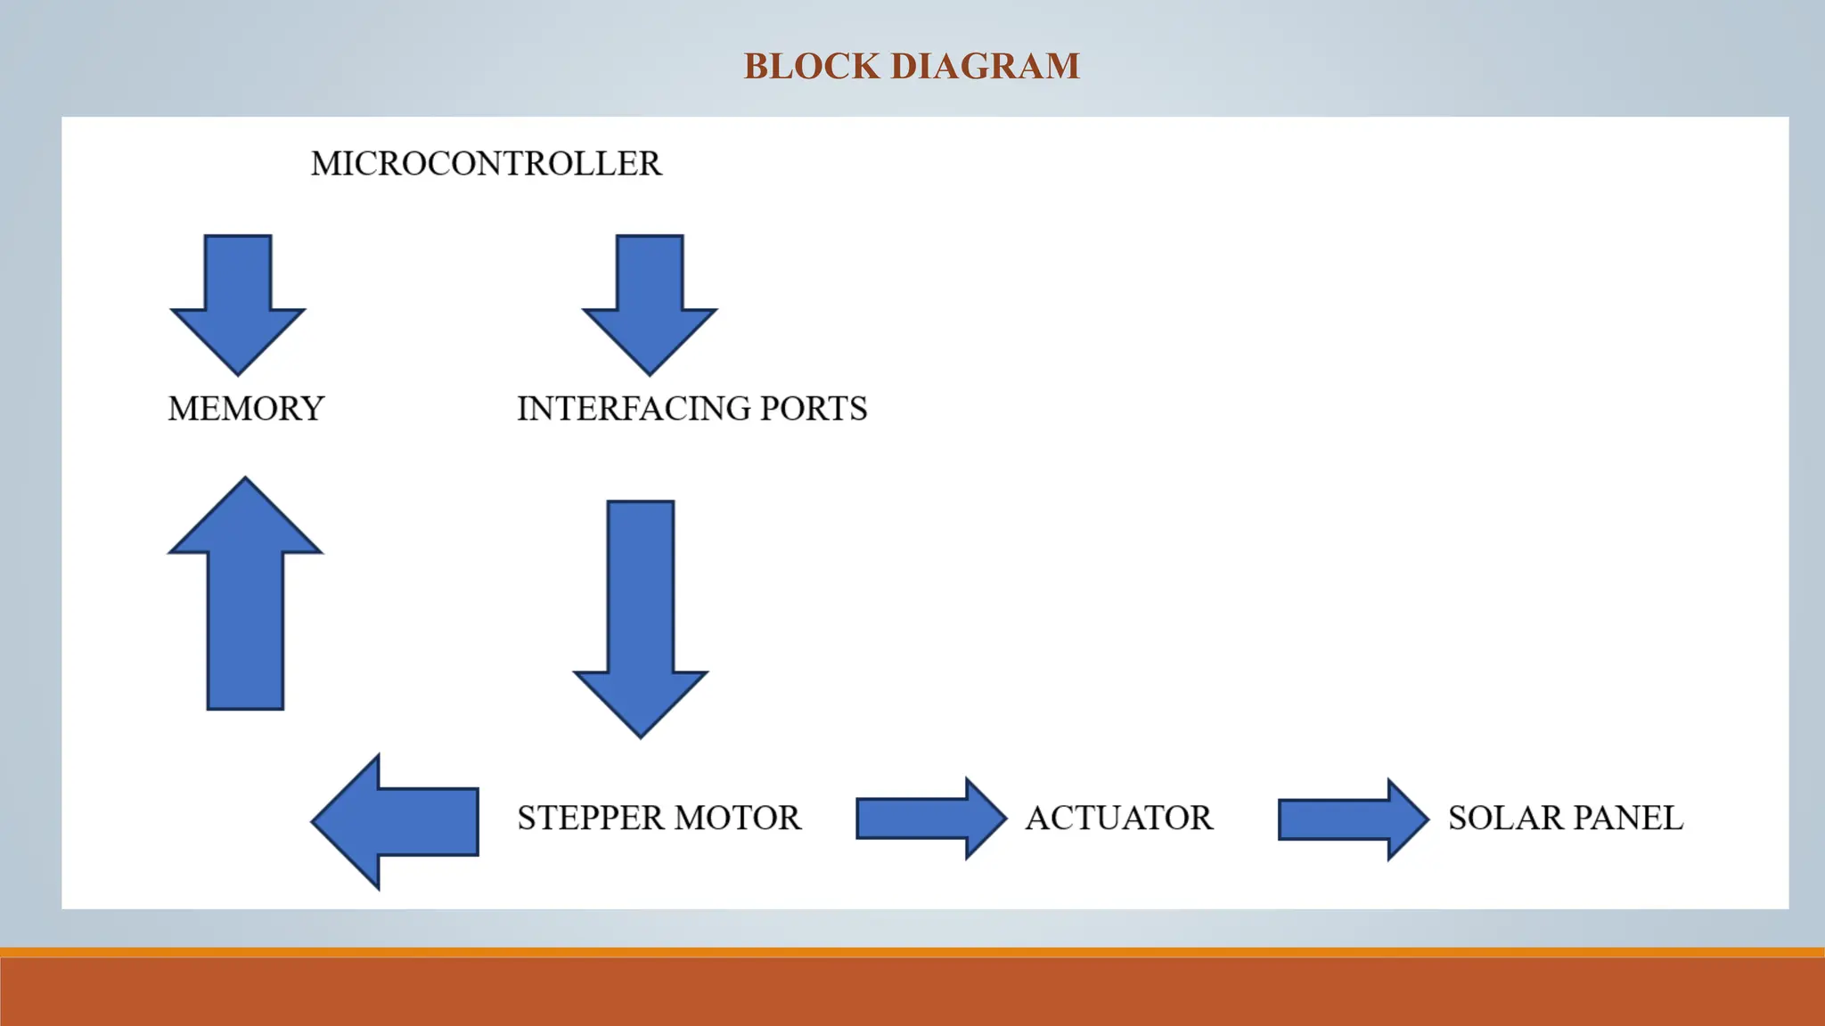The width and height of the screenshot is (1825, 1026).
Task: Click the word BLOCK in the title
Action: (x=811, y=67)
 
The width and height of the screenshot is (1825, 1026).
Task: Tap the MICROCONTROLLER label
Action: (x=486, y=164)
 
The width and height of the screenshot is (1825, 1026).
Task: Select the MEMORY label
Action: (x=246, y=409)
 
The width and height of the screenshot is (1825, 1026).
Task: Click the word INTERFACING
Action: (x=632, y=409)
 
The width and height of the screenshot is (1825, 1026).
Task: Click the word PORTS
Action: (x=814, y=409)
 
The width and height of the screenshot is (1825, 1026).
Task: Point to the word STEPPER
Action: (x=591, y=818)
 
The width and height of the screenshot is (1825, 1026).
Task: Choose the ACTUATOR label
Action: (x=1119, y=818)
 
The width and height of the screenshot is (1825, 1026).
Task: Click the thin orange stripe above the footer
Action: (x=912, y=952)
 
